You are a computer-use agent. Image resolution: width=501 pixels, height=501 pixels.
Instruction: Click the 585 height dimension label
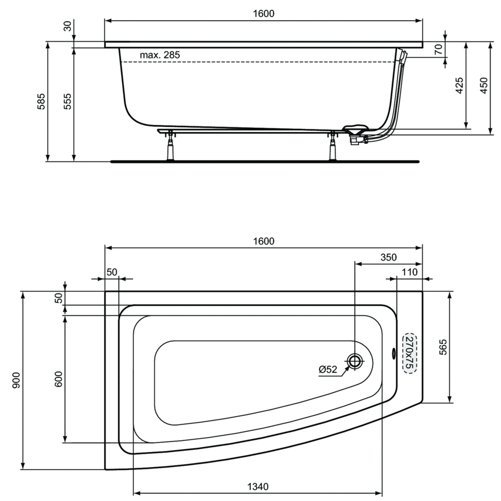click(x=41, y=101)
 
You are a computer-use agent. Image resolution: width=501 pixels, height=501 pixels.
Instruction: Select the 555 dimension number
click(x=68, y=101)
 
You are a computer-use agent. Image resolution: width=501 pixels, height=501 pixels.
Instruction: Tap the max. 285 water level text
click(x=160, y=55)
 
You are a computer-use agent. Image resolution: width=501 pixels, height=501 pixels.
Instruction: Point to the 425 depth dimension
click(x=459, y=85)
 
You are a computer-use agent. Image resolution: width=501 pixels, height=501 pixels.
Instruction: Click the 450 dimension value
click(x=484, y=85)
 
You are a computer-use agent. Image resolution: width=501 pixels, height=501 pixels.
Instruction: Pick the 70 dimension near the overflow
click(x=439, y=49)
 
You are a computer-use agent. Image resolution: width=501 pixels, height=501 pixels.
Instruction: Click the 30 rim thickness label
click(x=68, y=26)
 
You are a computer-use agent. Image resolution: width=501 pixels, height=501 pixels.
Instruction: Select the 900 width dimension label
click(x=16, y=380)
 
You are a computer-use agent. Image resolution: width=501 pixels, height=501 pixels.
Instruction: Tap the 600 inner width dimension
click(x=59, y=379)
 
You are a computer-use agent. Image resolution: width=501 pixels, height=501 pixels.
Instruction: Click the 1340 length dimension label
click(x=258, y=486)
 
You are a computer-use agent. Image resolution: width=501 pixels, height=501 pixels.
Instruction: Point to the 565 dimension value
click(x=443, y=347)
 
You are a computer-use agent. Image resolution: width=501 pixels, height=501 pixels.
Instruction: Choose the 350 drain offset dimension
click(x=389, y=257)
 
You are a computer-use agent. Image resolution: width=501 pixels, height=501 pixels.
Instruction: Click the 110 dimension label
click(x=410, y=272)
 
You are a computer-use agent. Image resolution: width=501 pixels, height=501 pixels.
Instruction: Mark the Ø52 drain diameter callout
click(x=328, y=369)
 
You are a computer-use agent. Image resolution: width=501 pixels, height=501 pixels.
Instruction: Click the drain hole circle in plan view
click(x=355, y=361)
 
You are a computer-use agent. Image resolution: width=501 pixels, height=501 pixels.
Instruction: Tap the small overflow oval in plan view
click(x=393, y=353)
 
